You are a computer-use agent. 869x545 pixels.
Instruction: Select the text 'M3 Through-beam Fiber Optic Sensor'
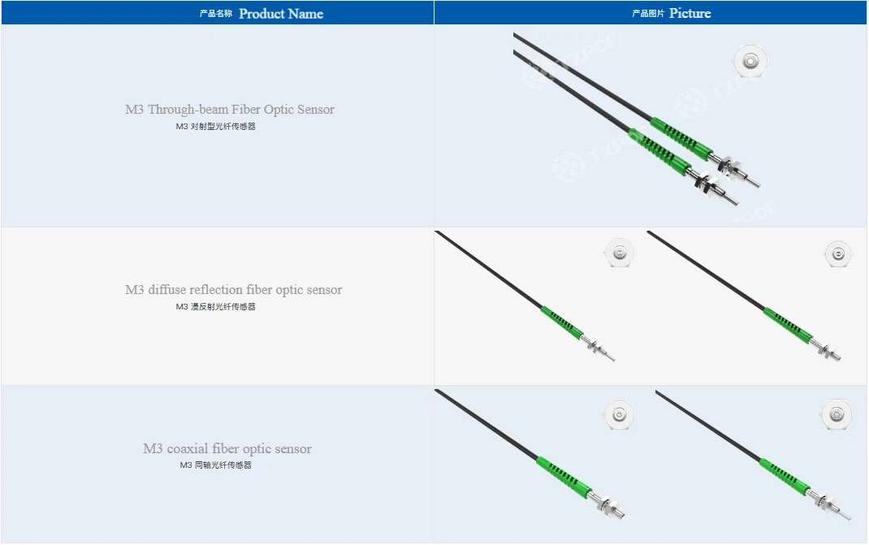pos(230,109)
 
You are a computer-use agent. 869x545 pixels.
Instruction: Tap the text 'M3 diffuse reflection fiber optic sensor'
pos(233,289)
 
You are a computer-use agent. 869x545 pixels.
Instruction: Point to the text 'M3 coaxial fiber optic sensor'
pos(227,448)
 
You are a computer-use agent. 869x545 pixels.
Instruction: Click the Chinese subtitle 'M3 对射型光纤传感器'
pos(215,127)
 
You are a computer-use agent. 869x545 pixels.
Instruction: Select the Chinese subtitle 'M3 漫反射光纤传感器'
pos(215,306)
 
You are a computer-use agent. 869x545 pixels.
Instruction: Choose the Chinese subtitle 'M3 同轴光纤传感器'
pos(215,465)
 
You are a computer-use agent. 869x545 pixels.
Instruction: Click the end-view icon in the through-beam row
pos(750,60)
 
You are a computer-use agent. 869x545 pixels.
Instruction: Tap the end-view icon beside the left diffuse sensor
pos(619,253)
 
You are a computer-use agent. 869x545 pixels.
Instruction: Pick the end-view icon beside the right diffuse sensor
pos(838,254)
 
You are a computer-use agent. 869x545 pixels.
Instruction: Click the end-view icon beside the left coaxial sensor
pos(619,415)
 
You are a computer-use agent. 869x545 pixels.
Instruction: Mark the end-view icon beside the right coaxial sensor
pos(837,414)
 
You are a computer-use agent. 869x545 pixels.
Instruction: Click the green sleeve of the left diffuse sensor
pos(561,322)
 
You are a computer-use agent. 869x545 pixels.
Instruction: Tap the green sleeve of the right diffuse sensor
pos(788,324)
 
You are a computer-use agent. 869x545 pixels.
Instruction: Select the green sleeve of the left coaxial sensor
pos(562,477)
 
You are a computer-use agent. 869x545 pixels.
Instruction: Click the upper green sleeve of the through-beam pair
pos(681,138)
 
